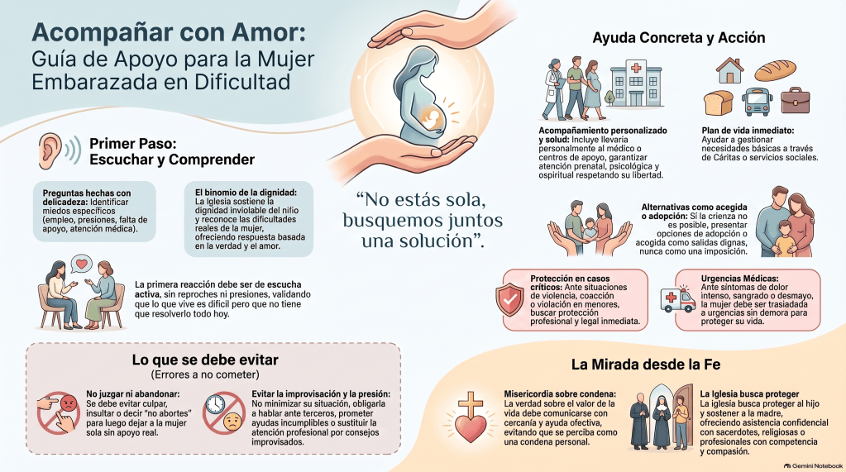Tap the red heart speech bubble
(x=82, y=264)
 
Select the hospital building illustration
(x=636, y=83)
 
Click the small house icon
(x=730, y=70)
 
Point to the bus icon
(x=757, y=102)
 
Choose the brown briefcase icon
(x=796, y=100)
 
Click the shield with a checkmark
(x=509, y=300)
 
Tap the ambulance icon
(x=677, y=299)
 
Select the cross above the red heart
(x=470, y=406)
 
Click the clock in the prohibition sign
(x=215, y=404)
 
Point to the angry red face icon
(x=69, y=403)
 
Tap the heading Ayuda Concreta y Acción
(x=679, y=38)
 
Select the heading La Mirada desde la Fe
(x=646, y=365)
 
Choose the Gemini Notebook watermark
(x=813, y=465)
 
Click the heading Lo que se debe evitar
(x=205, y=360)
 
